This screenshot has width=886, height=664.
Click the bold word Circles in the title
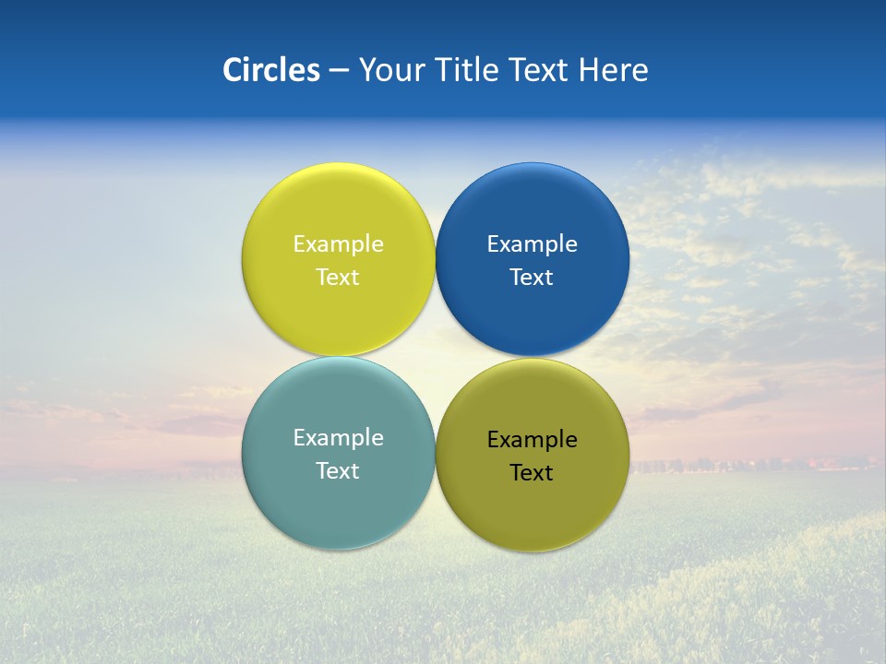click(270, 70)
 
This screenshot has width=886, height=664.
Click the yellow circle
click(338, 203)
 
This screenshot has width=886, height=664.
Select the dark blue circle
click(533, 203)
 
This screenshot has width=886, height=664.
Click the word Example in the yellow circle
click(338, 243)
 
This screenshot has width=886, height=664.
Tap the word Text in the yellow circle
click(338, 277)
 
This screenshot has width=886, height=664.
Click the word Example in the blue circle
click(532, 243)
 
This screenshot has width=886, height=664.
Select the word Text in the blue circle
click(532, 277)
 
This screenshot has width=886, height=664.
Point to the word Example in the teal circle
click(338, 437)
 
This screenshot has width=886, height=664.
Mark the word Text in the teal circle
click(338, 470)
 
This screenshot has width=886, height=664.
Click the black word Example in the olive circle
click(532, 439)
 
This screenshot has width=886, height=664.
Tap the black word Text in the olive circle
click(532, 472)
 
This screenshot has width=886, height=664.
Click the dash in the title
click(338, 71)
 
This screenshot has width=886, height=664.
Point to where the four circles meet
click(435, 357)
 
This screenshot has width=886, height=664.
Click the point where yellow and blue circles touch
click(435, 260)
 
